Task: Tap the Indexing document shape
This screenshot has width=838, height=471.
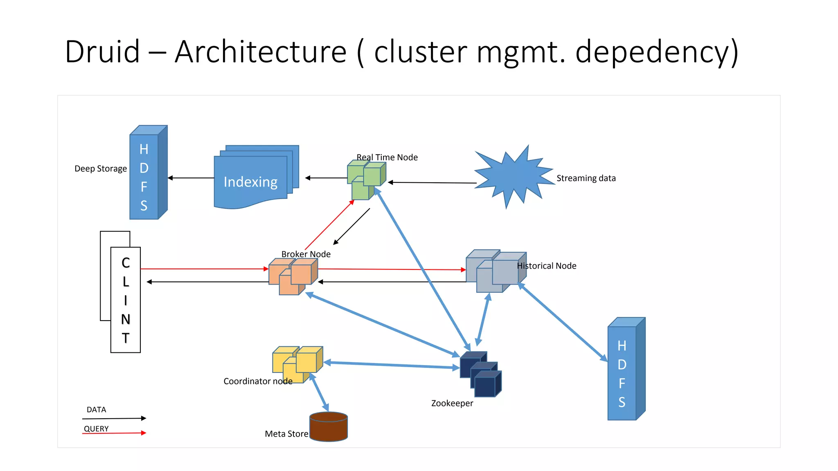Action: [250, 180]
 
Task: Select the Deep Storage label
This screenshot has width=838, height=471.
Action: [101, 168]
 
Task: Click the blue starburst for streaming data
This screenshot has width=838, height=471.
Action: [514, 177]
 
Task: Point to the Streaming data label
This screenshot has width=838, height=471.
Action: [586, 178]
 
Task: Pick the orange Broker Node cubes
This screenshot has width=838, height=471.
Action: [292, 276]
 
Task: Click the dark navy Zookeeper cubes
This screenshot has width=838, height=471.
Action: [480, 374]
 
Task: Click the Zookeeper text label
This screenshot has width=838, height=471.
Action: [452, 403]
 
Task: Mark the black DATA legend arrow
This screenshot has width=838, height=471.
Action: [114, 418]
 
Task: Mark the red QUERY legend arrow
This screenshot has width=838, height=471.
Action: [114, 433]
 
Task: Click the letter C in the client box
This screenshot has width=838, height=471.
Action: [126, 263]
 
